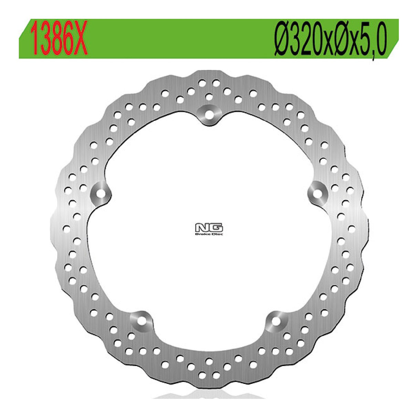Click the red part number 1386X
59,39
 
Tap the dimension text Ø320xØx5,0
330,39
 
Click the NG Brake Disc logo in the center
209,228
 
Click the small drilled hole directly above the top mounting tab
209,96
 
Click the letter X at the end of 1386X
81,39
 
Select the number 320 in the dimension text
307,39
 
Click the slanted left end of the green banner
24,39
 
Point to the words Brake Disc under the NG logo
209,234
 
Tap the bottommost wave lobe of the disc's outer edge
209,381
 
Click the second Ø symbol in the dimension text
342,39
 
